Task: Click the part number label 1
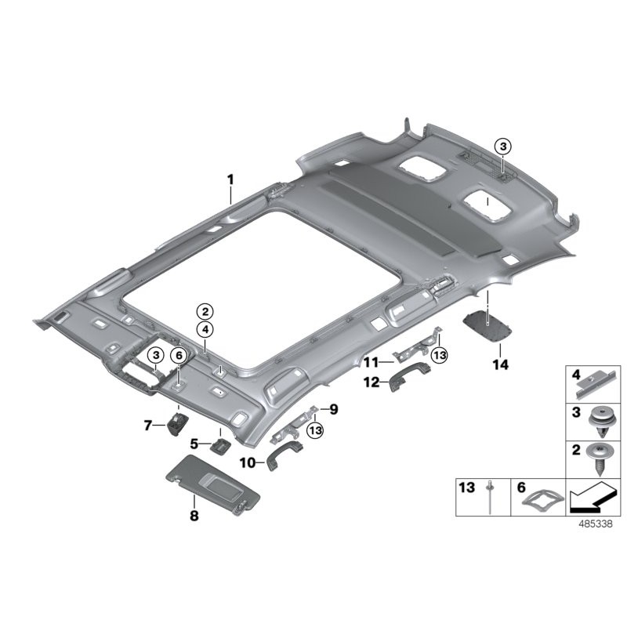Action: coord(230,180)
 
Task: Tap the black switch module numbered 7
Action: coord(176,425)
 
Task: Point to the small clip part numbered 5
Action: coord(219,445)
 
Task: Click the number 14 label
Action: coord(500,364)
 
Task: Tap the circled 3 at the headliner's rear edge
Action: coord(502,146)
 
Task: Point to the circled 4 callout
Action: coord(204,329)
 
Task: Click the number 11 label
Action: coord(370,361)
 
